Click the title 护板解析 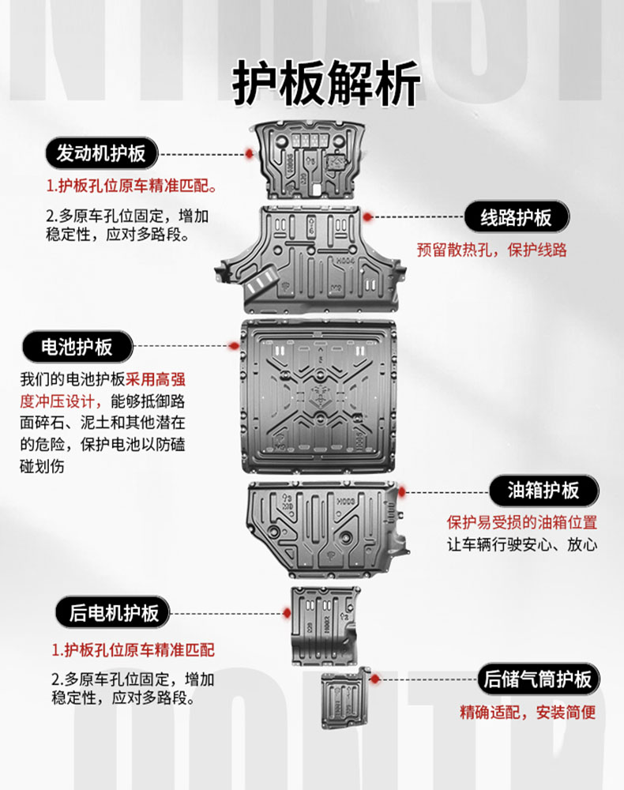tap(326, 83)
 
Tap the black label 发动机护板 tap(101, 153)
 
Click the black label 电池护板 tap(77, 346)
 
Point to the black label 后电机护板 tap(114, 612)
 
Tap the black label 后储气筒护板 tap(538, 679)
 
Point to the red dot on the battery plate tap(233, 346)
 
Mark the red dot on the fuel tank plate tap(400, 491)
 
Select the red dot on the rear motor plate tap(288, 612)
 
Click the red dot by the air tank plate tap(374, 678)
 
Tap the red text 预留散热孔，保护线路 tap(491, 250)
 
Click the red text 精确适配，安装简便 tap(528, 713)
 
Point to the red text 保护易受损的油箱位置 tap(521, 522)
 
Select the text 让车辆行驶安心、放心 tap(521, 544)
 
